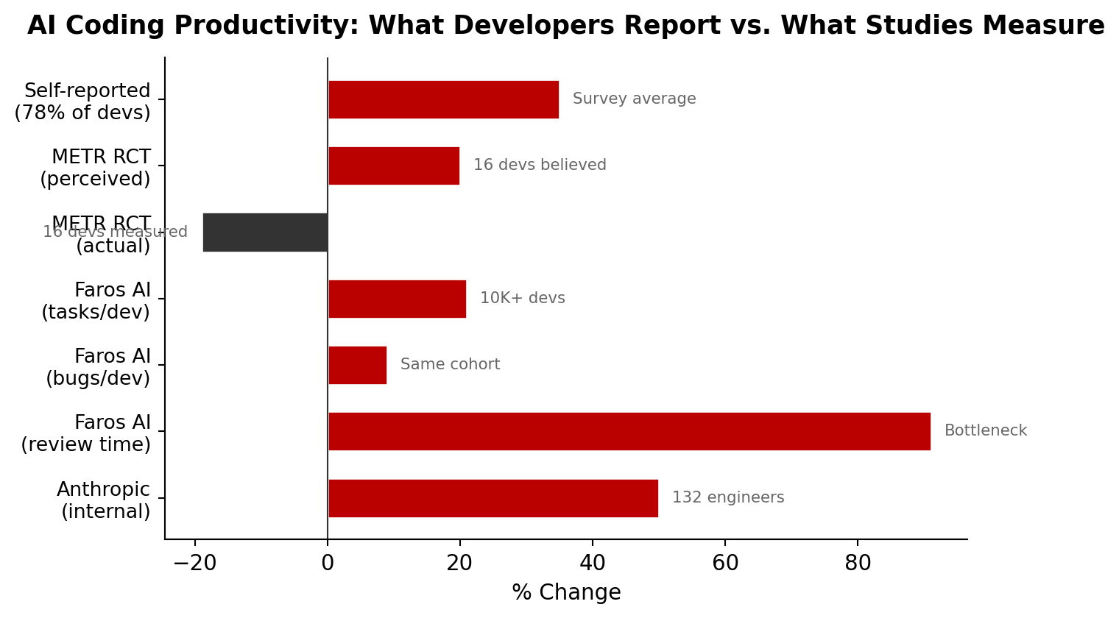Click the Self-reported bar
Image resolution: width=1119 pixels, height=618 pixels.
point(443,99)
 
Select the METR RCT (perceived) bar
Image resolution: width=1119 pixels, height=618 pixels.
point(394,166)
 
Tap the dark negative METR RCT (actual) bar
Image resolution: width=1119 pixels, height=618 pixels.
point(265,232)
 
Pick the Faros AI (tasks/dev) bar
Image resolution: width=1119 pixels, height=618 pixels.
point(397,299)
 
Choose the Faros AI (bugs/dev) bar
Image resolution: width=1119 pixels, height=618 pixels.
point(357,365)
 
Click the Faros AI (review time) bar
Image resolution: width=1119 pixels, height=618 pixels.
point(629,431)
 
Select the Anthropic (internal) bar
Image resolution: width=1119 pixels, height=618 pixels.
point(493,498)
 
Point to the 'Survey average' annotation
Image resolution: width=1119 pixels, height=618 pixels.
point(634,99)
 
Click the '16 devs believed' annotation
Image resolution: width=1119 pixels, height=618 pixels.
point(540,166)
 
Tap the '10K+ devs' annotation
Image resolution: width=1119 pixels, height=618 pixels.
point(522,299)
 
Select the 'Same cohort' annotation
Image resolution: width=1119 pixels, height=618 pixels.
point(450,365)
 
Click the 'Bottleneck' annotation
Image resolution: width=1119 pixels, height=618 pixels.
point(985,431)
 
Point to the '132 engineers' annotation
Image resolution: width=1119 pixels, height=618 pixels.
point(727,498)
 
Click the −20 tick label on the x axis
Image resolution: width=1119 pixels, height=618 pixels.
point(194,564)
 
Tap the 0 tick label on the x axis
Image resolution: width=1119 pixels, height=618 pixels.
point(328,564)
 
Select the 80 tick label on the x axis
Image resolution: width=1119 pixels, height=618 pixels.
point(858,564)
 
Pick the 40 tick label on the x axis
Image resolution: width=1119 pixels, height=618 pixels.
point(593,564)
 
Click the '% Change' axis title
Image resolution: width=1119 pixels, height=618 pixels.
point(566,593)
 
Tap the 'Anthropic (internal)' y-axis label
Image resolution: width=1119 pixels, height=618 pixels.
point(104,500)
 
